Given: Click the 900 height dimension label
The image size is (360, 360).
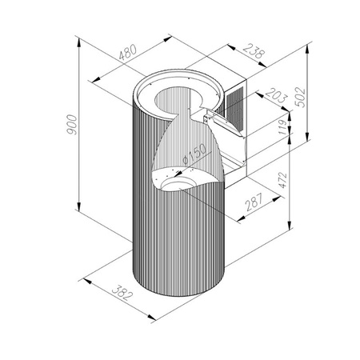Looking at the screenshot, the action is (72, 125).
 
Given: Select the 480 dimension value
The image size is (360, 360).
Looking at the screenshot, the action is (128, 52).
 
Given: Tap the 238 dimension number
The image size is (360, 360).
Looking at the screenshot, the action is (254, 51).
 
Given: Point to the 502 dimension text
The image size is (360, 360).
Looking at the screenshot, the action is (301, 97).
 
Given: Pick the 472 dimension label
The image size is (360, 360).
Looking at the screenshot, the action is (282, 181).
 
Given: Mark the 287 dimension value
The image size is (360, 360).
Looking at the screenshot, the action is (254, 202).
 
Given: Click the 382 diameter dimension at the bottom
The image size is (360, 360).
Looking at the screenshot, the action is (122, 293).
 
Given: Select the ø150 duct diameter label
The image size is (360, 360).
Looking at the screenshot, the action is (195, 154).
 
